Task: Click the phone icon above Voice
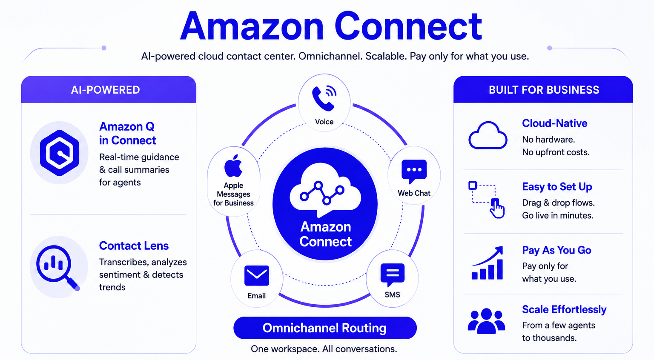(x=324, y=98)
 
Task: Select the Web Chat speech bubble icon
(x=414, y=171)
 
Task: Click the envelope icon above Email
(x=257, y=275)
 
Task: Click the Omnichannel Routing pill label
(x=325, y=328)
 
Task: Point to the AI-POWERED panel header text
(x=106, y=90)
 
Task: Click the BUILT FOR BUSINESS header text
(x=544, y=90)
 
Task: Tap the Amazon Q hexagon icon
(x=60, y=153)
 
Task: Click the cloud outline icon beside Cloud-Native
(x=488, y=135)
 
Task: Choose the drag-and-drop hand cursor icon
(x=497, y=209)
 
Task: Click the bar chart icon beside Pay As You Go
(x=488, y=263)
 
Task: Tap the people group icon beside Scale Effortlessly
(x=486, y=321)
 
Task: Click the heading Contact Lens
(x=134, y=246)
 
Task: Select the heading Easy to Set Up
(x=557, y=187)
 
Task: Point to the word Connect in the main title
(x=408, y=26)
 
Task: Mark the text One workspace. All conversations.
(x=324, y=349)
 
